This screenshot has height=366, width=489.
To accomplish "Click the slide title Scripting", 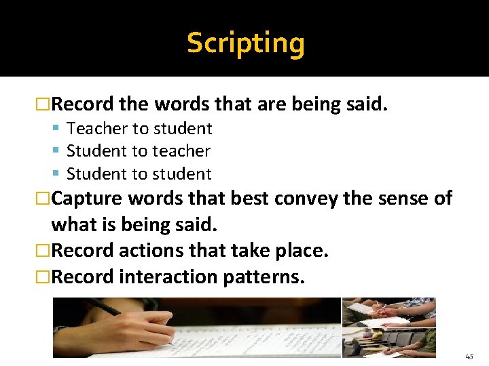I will [x=245, y=43].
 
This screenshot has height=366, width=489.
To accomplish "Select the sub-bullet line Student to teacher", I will [x=139, y=151].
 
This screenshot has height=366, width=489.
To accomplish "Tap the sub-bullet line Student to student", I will [x=139, y=174].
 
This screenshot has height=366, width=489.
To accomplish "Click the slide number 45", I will [x=470, y=356].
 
